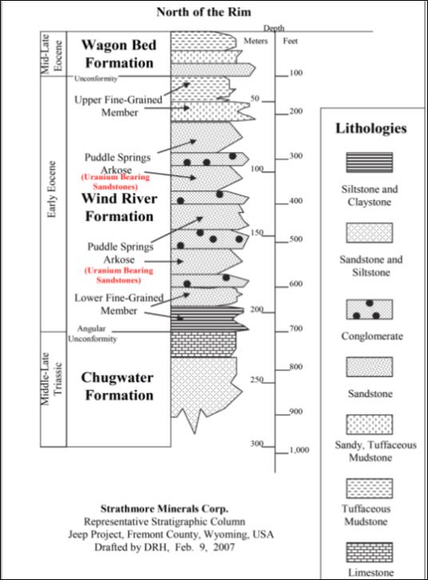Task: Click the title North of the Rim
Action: (x=204, y=12)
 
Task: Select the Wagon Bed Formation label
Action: (x=119, y=54)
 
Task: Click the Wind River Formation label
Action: (x=119, y=207)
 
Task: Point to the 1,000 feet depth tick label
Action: (x=299, y=450)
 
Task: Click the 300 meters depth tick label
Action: (x=256, y=443)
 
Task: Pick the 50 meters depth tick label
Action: (x=255, y=98)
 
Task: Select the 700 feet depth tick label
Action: (x=295, y=328)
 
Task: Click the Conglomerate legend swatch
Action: (x=369, y=310)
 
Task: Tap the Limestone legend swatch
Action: (x=369, y=552)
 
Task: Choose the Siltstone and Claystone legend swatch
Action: (x=369, y=162)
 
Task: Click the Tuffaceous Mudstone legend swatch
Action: (x=369, y=488)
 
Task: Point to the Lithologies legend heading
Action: (x=371, y=128)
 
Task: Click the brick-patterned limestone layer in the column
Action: (x=204, y=344)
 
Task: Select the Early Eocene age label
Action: (x=52, y=189)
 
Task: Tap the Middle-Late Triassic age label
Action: (x=52, y=378)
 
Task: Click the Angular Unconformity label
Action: (x=92, y=334)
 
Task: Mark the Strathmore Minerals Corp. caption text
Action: (x=164, y=509)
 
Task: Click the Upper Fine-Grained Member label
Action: (x=118, y=106)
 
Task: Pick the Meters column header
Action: (x=256, y=41)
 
